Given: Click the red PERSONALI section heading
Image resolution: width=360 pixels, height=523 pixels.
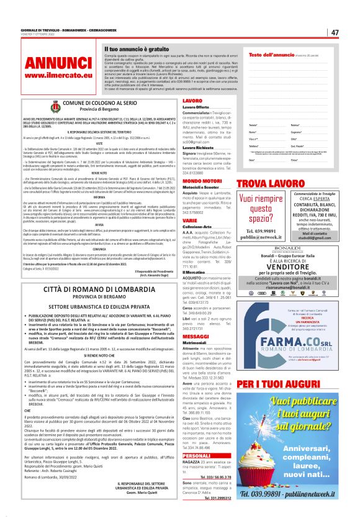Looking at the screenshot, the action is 197,455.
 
